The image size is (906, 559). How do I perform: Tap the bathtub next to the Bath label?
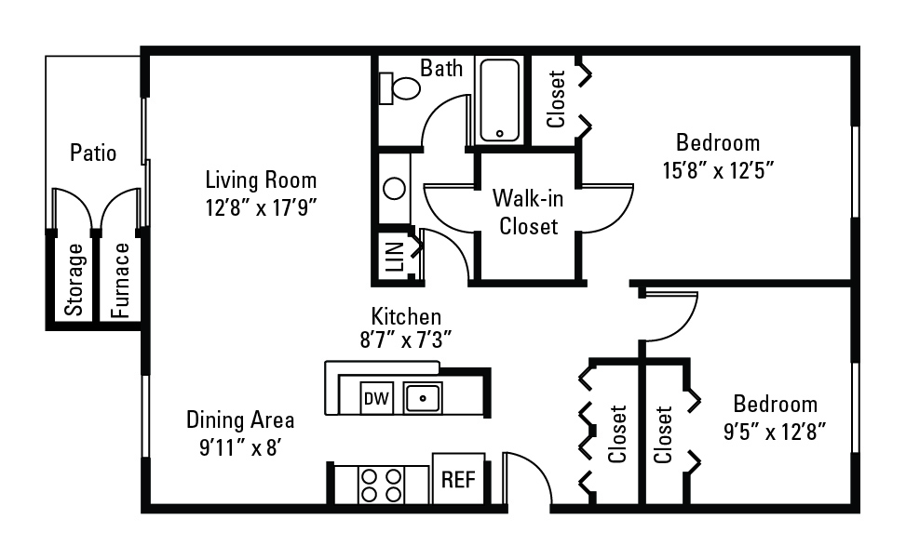coord(499,100)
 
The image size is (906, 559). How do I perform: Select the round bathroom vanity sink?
coord(395,189)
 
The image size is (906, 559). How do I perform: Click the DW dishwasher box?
coord(376,398)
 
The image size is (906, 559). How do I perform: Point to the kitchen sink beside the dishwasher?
coord(423,398)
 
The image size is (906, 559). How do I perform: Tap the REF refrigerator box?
coord(458,479)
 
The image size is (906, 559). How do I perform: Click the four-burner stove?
coord(382,486)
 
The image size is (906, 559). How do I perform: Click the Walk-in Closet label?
coord(528,212)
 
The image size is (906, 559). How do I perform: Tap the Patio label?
coord(93,153)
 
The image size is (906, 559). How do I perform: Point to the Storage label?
coord(74,280)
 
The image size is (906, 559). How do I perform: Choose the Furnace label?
coord(121,280)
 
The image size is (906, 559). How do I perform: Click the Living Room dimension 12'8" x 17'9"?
coord(261,207)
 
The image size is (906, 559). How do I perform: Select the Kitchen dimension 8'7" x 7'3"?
coord(406,339)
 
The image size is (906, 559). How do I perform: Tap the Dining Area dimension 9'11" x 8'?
coord(240,447)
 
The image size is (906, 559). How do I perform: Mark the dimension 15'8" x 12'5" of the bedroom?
coord(718,170)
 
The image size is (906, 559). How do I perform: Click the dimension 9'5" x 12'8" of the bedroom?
coord(775,431)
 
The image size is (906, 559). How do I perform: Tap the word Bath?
coord(441,68)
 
